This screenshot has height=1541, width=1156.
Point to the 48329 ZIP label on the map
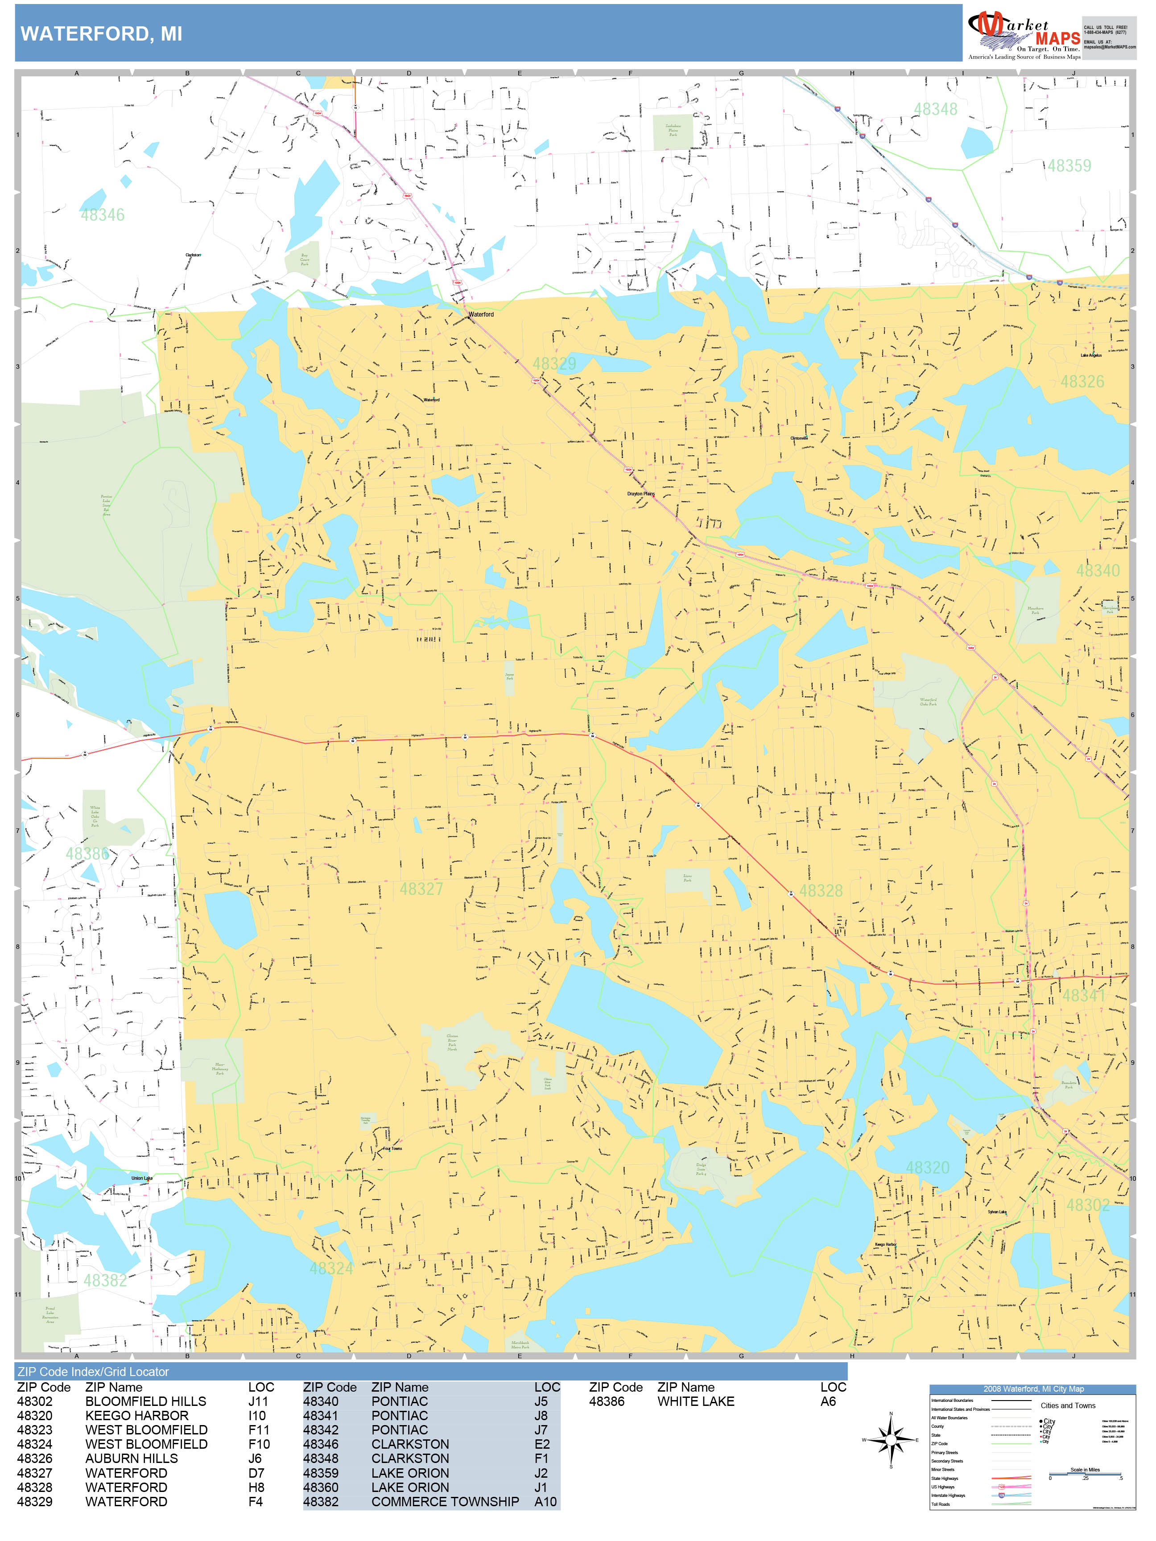click(554, 364)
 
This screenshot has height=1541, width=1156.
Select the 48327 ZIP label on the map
click(421, 889)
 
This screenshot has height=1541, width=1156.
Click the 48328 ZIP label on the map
click(821, 891)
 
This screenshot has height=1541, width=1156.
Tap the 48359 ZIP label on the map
click(1069, 166)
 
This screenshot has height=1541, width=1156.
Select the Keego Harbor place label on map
click(886, 1244)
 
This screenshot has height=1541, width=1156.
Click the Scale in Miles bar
click(1085, 1474)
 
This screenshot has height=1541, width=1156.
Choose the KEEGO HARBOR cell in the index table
click(136, 1416)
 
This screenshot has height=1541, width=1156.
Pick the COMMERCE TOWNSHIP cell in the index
click(445, 1501)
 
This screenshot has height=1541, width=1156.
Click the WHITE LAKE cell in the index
click(695, 1401)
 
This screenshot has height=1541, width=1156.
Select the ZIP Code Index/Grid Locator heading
click(93, 1372)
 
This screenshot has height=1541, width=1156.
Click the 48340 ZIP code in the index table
click(321, 1401)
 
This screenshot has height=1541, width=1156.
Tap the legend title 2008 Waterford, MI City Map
click(1032, 1389)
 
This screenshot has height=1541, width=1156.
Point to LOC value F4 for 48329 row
click(256, 1501)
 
